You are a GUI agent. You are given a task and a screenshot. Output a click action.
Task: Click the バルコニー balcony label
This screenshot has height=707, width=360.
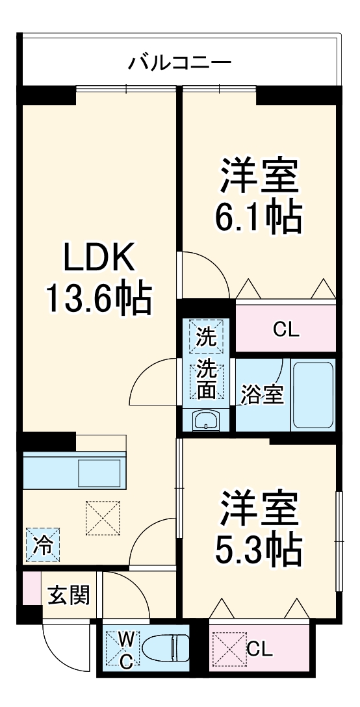pos(179,64)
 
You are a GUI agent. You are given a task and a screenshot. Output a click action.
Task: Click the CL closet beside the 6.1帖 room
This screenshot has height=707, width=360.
pos(285,330)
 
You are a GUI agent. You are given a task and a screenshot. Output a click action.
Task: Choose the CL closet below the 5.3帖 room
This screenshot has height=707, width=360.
pos(259,649)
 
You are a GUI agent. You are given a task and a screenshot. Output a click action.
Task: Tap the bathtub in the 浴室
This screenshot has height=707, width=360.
pos(313,395)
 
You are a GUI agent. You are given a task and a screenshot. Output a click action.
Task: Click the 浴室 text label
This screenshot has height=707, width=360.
pos(263,395)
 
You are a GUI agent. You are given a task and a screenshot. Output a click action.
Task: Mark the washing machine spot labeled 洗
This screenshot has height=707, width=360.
pos(207,337)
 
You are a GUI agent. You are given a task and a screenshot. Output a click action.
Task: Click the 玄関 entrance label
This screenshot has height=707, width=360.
pos(67,594)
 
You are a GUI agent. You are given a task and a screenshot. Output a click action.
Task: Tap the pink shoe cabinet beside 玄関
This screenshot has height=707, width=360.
pos(29,588)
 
